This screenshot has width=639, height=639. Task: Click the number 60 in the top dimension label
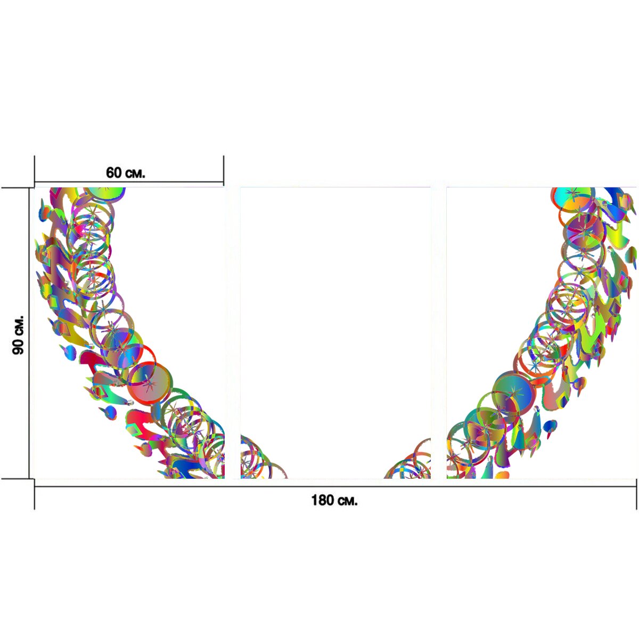(x=113, y=173)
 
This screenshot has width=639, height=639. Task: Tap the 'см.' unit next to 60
(x=134, y=174)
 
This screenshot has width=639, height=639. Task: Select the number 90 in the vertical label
(x=18, y=347)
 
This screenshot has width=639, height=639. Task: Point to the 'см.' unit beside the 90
(x=19, y=325)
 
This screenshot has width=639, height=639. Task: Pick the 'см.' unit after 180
(x=347, y=501)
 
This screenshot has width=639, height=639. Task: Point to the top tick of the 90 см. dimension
(x=17, y=187)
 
